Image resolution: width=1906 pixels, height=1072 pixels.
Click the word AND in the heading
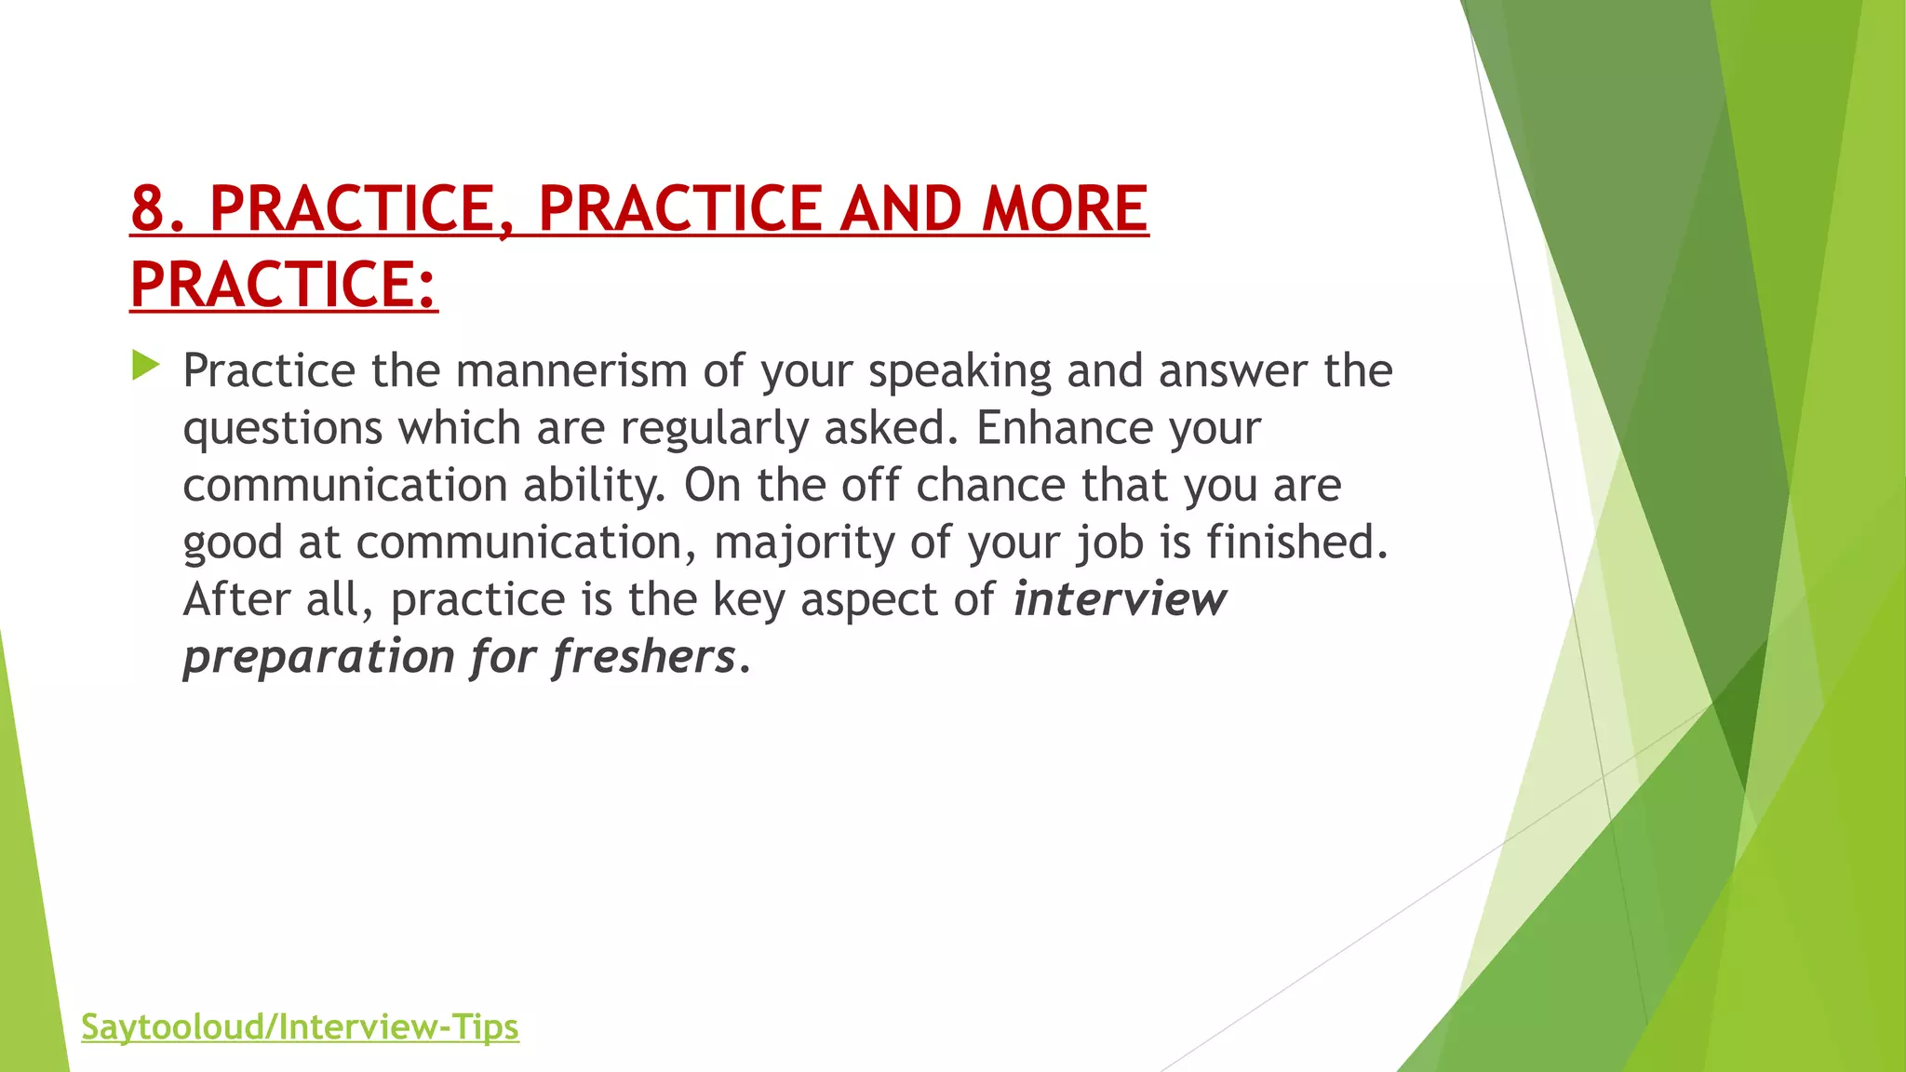click(x=900, y=208)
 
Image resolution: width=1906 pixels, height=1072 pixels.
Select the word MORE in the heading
click(x=1065, y=208)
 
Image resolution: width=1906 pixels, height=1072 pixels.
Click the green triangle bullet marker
click(x=145, y=365)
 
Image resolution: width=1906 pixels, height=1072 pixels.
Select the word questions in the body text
click(x=282, y=429)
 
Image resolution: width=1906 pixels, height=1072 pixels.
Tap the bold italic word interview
click(x=1120, y=599)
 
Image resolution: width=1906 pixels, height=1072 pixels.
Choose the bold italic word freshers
click(x=644, y=657)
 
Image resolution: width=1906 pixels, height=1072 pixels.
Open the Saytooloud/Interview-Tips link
click(x=300, y=1027)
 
